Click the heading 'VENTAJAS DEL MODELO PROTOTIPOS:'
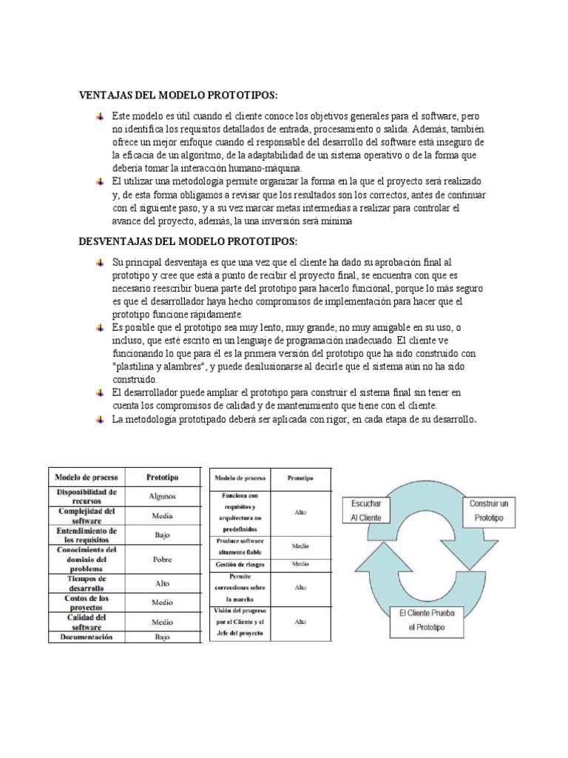click(x=178, y=95)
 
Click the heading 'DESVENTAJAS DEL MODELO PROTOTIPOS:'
click(x=189, y=242)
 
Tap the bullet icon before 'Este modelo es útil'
click(x=100, y=117)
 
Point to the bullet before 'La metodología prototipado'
click(x=100, y=420)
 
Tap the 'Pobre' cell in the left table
click(x=162, y=560)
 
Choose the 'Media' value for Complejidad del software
click(x=162, y=515)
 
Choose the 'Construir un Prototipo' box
click(x=490, y=511)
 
